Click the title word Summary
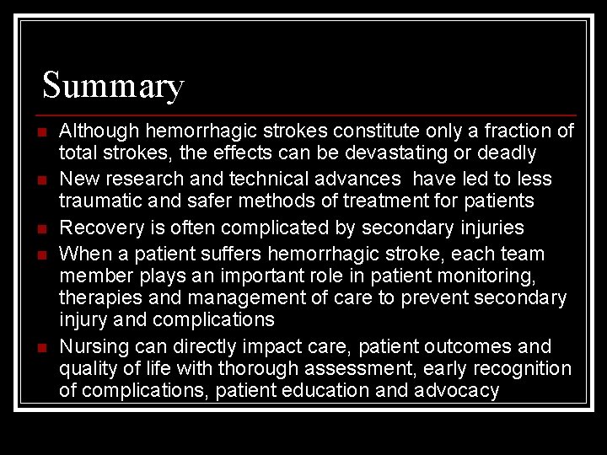pyautogui.click(x=113, y=86)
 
